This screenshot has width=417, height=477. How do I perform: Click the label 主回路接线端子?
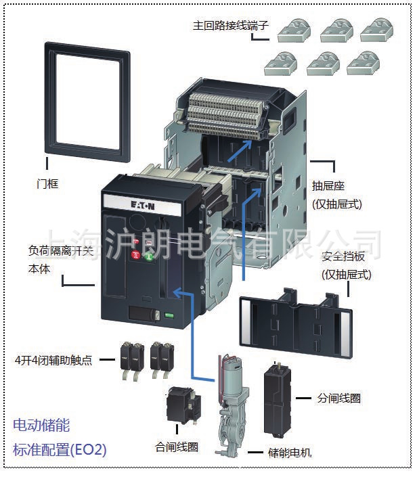tap(231, 26)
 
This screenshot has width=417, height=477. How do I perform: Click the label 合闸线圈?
tap(177, 447)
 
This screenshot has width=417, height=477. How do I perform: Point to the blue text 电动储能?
tap(41, 426)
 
